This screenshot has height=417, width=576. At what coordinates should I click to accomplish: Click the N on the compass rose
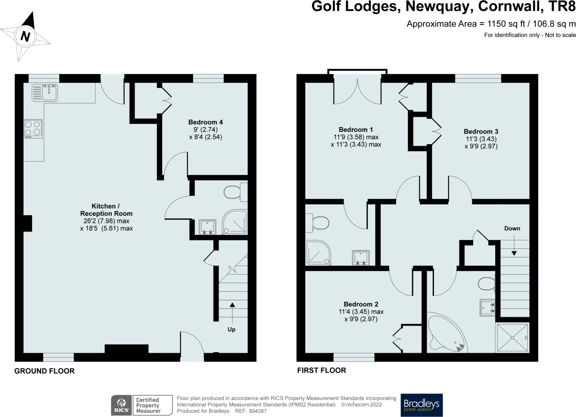tap(25, 36)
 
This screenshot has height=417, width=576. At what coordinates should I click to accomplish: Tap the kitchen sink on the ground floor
tap(45, 93)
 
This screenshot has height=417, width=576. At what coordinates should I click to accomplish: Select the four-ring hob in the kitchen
tap(33, 129)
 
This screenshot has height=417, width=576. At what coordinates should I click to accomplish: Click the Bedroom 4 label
tap(205, 122)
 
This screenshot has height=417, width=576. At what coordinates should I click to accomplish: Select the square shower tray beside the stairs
tap(512, 337)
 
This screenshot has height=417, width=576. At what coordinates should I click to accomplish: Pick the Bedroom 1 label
tap(355, 130)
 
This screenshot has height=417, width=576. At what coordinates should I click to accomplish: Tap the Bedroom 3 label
tap(481, 132)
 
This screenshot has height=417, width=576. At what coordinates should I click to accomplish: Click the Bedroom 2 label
tap(361, 304)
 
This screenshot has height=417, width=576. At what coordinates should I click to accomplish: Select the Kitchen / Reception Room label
tap(106, 210)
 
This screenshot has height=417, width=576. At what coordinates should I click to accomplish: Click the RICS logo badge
tap(121, 405)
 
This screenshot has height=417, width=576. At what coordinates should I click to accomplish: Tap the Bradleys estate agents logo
tap(421, 405)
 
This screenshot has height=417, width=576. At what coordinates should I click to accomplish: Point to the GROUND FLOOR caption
tap(44, 371)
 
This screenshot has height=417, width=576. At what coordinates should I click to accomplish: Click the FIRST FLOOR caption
tap(321, 370)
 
